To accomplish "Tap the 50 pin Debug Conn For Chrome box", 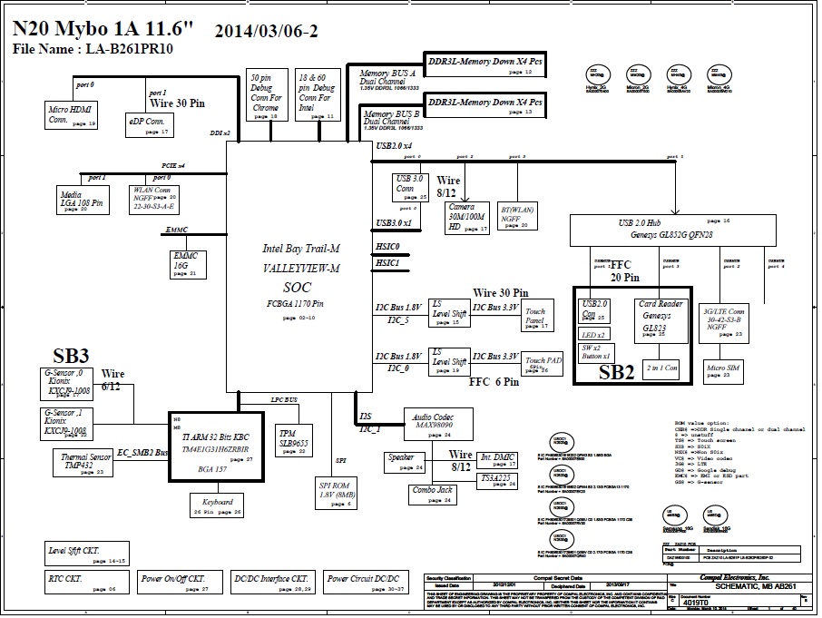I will point(267,95).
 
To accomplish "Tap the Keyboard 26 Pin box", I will point(218,505).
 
